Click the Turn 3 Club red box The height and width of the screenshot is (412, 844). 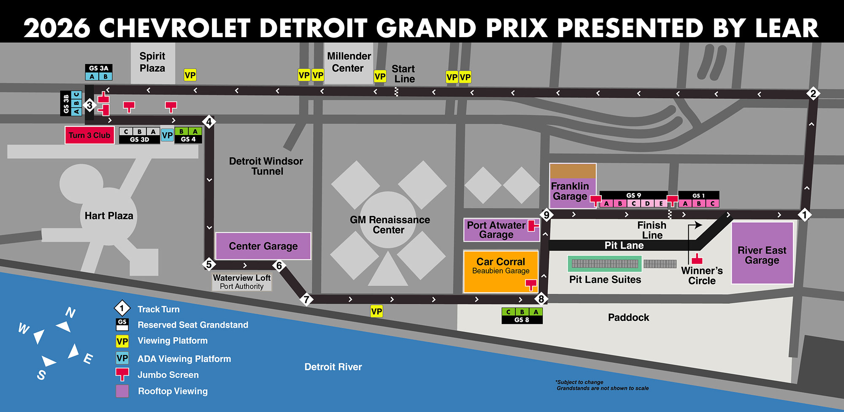tap(89, 135)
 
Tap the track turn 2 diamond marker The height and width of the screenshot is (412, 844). tap(813, 93)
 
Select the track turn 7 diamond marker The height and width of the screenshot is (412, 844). tap(306, 300)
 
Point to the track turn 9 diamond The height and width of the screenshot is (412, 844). tap(546, 215)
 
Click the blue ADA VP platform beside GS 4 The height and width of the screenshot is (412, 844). tap(167, 135)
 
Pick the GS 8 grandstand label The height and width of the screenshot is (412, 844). tap(522, 320)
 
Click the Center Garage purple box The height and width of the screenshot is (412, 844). tap(263, 246)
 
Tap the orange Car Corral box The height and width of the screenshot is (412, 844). tap(500, 270)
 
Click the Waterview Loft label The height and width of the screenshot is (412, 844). tap(242, 278)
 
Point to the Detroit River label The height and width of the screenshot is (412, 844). tap(333, 367)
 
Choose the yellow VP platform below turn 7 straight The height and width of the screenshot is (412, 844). tap(376, 311)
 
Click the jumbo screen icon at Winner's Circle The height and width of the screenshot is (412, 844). tap(697, 259)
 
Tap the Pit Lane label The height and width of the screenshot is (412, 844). tap(624, 245)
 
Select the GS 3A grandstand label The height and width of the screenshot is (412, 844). tap(99, 68)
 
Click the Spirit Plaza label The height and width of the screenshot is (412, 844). tap(152, 62)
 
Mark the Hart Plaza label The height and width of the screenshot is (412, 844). tap(109, 216)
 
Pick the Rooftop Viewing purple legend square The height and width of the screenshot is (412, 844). tap(122, 391)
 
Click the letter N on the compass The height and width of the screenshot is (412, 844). tap(70, 313)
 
